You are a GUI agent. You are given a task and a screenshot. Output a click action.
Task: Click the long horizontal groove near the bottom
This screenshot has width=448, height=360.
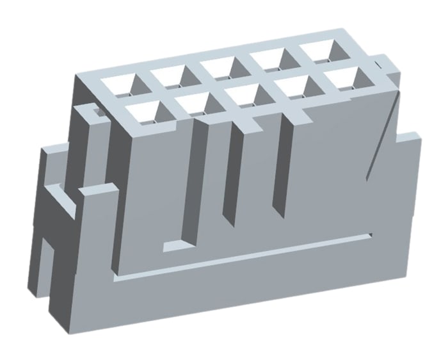[243, 259]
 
